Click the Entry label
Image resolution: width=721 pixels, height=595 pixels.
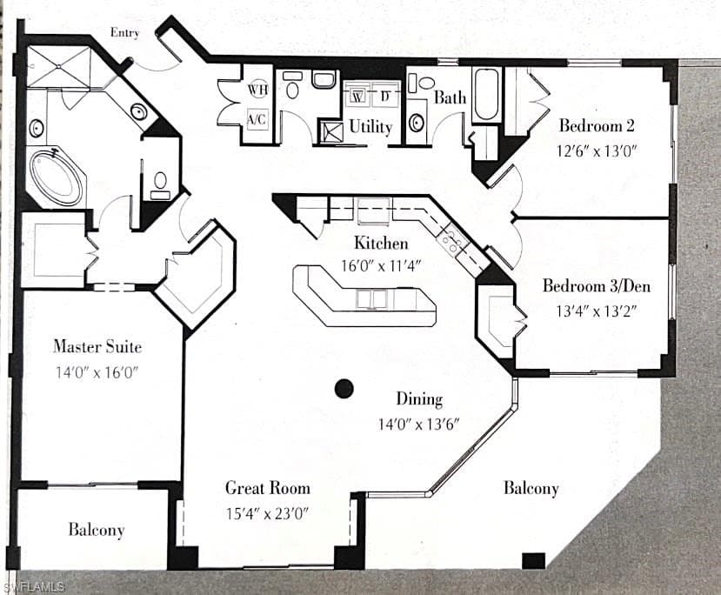click(x=124, y=33)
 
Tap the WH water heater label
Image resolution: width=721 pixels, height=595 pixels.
click(x=258, y=89)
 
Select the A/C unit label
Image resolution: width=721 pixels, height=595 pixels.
click(x=257, y=119)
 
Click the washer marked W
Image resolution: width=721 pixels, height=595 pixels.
click(x=358, y=97)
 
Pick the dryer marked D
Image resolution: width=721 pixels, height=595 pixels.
click(x=385, y=97)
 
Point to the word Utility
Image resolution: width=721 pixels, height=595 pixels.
click(x=371, y=127)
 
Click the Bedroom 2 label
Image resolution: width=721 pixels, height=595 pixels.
click(x=597, y=125)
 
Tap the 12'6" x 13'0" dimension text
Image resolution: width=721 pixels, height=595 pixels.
click(x=597, y=150)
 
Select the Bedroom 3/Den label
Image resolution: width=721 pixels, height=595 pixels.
click(x=597, y=286)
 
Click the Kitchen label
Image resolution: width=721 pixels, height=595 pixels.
click(x=381, y=243)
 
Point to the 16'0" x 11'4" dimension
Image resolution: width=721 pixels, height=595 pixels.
click(x=381, y=266)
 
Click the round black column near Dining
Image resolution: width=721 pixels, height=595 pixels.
click(x=344, y=389)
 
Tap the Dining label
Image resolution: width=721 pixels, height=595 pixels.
click(x=419, y=398)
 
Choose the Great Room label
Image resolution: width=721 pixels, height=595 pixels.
click(x=268, y=488)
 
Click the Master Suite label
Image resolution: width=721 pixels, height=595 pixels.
click(x=97, y=346)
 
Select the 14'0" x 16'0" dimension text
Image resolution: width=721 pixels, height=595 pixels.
click(x=97, y=372)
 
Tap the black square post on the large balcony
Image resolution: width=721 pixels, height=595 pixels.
click(x=534, y=560)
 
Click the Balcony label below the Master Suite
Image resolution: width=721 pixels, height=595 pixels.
click(x=97, y=530)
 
